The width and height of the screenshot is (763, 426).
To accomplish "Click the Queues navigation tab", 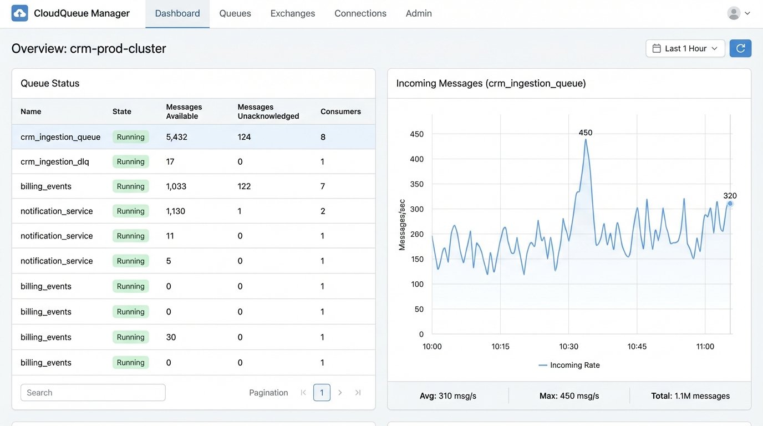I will [x=235, y=13].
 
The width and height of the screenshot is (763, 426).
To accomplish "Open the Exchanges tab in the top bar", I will [x=293, y=13].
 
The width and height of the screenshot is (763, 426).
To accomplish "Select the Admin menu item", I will [x=419, y=13].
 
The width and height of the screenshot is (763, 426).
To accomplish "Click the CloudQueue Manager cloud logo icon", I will [x=19, y=13].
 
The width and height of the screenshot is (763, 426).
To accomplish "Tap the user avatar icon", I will [x=734, y=13].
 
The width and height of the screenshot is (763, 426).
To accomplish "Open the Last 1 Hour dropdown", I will [x=685, y=48].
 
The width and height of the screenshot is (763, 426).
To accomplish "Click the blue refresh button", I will [x=740, y=48].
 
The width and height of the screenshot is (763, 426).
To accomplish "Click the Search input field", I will [x=93, y=393].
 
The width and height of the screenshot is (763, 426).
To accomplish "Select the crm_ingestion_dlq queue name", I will [x=55, y=162].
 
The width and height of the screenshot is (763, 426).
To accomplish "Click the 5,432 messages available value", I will [x=177, y=137].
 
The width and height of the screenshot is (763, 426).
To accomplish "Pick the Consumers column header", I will [x=340, y=111].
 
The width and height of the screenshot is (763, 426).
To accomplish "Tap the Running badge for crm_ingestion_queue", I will [x=131, y=137].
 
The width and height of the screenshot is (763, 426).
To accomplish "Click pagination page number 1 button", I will [x=322, y=393].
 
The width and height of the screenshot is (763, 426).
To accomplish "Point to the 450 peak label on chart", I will [x=586, y=133].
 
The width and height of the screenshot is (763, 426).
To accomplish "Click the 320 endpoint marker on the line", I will [x=730, y=204].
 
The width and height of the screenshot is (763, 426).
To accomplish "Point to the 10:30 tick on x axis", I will [x=569, y=347].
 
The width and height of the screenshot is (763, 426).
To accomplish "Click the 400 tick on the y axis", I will [x=416, y=159].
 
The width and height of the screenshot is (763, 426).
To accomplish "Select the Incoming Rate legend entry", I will [x=569, y=365].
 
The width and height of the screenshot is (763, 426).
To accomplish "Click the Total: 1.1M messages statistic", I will [x=690, y=396].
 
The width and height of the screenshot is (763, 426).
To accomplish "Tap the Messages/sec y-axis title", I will [x=402, y=225].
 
